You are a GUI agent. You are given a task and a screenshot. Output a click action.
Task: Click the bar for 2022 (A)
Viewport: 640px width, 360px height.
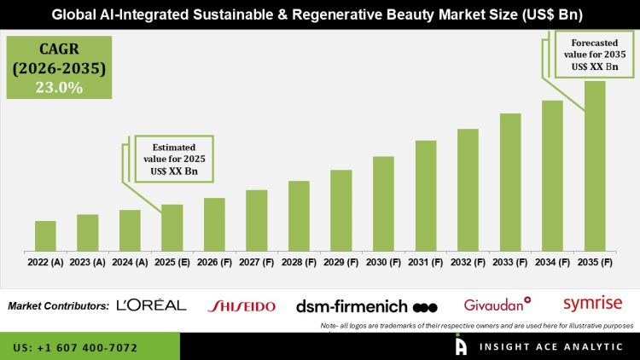tap(45, 235)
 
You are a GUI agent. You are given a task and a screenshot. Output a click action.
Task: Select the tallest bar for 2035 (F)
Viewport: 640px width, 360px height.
tap(594, 165)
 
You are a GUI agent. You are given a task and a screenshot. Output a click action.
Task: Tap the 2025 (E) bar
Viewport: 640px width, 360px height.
tap(172, 228)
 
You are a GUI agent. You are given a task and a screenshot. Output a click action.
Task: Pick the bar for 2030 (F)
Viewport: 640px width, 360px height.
tap(383, 204)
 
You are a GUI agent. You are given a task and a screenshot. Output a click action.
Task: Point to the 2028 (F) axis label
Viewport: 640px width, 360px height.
tap(299, 263)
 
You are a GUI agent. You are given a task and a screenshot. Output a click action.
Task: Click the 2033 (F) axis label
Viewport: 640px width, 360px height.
tap(510, 263)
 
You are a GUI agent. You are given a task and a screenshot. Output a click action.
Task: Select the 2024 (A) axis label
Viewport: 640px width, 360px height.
tap(130, 263)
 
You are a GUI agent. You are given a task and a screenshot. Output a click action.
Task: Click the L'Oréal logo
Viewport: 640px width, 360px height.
tap(151, 305)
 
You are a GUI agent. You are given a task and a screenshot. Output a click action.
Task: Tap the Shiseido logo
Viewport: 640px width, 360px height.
tap(241, 305)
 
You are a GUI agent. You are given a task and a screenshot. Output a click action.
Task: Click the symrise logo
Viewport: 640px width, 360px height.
tap(592, 303)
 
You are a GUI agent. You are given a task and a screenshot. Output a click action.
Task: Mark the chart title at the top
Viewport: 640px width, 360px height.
tap(320, 15)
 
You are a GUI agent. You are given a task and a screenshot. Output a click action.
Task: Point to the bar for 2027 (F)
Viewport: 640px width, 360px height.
tap(257, 220)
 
